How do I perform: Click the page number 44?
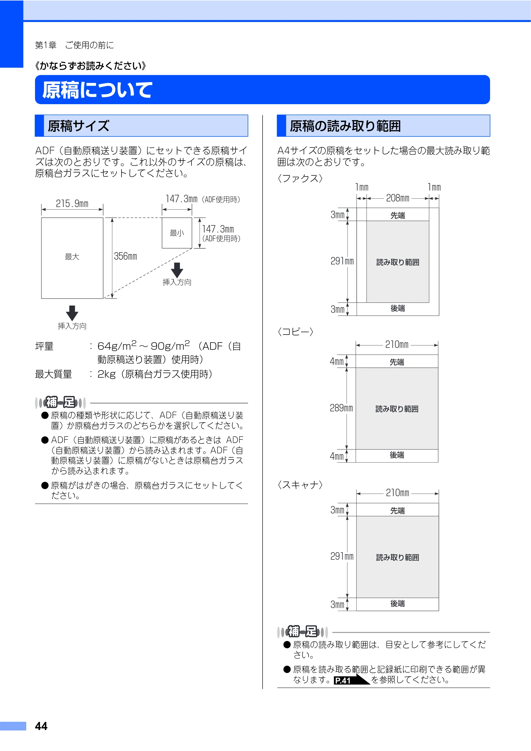pyautogui.click(x=41, y=726)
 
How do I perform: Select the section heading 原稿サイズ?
pyautogui.click(x=79, y=126)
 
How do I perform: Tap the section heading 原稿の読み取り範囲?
pyautogui.click(x=345, y=126)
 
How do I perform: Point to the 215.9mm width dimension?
pyautogui.click(x=72, y=204)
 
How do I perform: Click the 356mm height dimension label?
pyautogui.click(x=126, y=256)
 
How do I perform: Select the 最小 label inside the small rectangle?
pyautogui.click(x=177, y=233)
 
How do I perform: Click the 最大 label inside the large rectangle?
pyautogui.click(x=72, y=256)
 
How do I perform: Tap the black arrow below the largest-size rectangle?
pyautogui.click(x=72, y=313)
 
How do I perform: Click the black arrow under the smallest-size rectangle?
pyautogui.click(x=177, y=270)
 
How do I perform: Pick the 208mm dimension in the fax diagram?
pyautogui.click(x=398, y=198)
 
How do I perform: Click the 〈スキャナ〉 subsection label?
pyautogui.click(x=300, y=485)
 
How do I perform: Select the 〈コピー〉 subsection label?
pyautogui.click(x=296, y=332)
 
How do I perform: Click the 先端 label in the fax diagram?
pyautogui.click(x=398, y=215)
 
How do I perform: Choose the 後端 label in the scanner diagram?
pyautogui.click(x=398, y=604)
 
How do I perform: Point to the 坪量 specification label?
pyautogui.click(x=44, y=346)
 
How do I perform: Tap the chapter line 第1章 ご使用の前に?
pyautogui.click(x=75, y=45)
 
